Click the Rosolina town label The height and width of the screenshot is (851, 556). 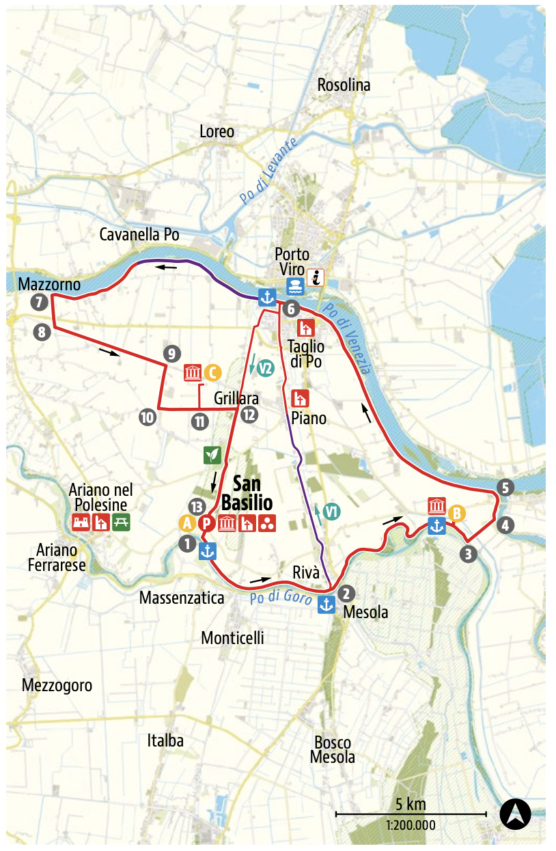(x=344, y=85)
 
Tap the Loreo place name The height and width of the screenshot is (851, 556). (x=216, y=132)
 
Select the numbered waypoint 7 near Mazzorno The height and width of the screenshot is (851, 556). (x=39, y=302)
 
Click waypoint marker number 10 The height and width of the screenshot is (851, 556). (x=147, y=417)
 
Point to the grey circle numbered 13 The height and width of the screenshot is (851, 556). (x=195, y=506)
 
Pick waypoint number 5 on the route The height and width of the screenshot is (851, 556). (x=505, y=488)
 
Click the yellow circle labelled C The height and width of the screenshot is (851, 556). (x=212, y=372)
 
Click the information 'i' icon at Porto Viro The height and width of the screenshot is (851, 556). (x=315, y=277)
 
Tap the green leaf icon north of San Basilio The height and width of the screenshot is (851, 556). (x=212, y=454)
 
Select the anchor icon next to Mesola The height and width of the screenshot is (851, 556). (x=326, y=604)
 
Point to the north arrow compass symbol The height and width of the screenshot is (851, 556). (x=515, y=813)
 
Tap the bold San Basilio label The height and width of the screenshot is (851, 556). (x=251, y=494)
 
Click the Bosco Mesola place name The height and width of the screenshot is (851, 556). (x=332, y=750)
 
